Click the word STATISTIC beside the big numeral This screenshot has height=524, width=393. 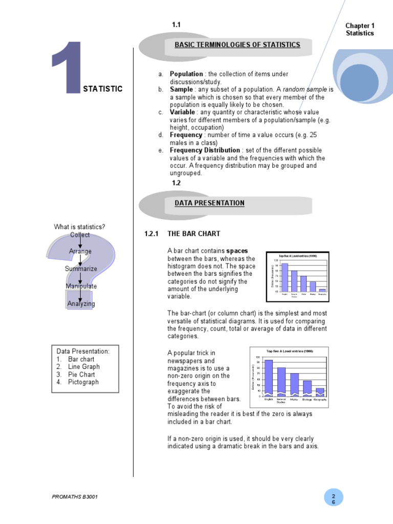click(x=102, y=89)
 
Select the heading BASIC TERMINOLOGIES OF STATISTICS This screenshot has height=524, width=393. click(x=237, y=45)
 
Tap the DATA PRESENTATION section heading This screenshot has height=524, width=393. click(x=209, y=203)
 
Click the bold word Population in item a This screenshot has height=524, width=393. click(x=186, y=74)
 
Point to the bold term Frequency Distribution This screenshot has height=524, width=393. click(x=205, y=150)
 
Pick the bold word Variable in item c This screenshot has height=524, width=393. click(x=182, y=112)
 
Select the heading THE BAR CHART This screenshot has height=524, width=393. click(x=194, y=234)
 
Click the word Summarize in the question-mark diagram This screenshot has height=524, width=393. click(x=80, y=269)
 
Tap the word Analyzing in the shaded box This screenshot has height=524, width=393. click(x=81, y=304)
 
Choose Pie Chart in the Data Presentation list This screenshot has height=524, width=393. click(x=81, y=375)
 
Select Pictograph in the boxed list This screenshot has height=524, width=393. click(x=83, y=382)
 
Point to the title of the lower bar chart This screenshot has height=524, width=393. click(x=289, y=352)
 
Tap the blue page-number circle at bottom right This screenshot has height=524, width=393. click(x=333, y=499)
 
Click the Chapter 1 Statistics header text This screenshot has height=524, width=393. click(x=360, y=30)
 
